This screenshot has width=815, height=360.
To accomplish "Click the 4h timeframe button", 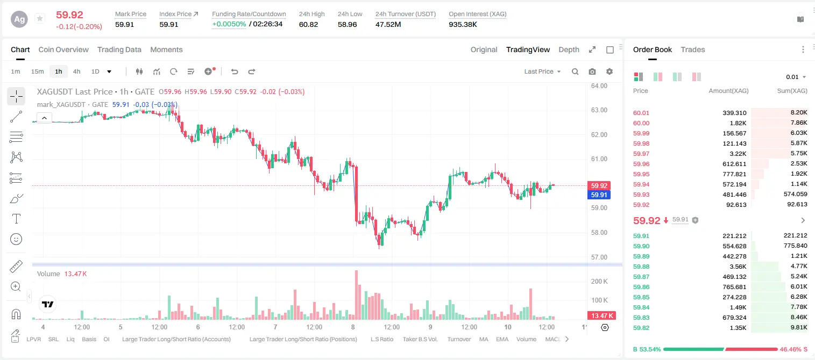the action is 76,71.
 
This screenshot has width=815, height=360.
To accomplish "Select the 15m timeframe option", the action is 37,71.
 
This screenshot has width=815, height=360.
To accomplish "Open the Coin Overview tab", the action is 63,49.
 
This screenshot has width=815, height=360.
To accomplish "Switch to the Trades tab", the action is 693,49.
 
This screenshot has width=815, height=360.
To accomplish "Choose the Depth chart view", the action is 569,49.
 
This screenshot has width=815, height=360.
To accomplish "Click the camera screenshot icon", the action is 592,71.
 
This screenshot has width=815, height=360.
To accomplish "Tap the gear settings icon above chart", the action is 610,71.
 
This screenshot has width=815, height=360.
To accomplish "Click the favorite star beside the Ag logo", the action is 40,18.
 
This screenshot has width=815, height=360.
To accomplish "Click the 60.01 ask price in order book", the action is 641,113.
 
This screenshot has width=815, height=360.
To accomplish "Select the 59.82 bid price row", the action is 641,328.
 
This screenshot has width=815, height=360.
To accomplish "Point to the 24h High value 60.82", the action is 309,24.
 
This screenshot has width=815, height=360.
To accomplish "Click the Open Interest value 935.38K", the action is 463,24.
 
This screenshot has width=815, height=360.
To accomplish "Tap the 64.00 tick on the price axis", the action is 599,86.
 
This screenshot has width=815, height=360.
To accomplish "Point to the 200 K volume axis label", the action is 599,281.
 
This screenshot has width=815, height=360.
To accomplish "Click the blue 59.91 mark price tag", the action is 599,195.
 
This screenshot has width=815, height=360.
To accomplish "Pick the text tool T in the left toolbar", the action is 16,219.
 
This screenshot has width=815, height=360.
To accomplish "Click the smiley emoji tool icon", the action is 16,239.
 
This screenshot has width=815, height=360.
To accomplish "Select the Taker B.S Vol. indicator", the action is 420,339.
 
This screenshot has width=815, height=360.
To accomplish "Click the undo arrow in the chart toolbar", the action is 235,71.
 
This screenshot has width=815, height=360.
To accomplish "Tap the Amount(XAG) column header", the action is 728,91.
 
